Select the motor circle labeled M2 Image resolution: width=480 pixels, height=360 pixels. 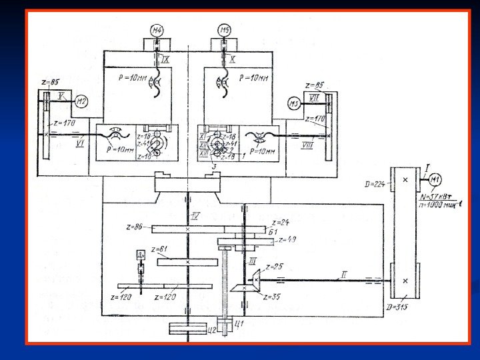tap(81, 102)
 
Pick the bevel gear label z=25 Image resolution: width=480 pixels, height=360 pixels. tap(274, 267)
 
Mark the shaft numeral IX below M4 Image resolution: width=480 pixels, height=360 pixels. tap(165, 59)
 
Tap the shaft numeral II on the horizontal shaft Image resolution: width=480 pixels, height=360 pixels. tap(344, 274)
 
